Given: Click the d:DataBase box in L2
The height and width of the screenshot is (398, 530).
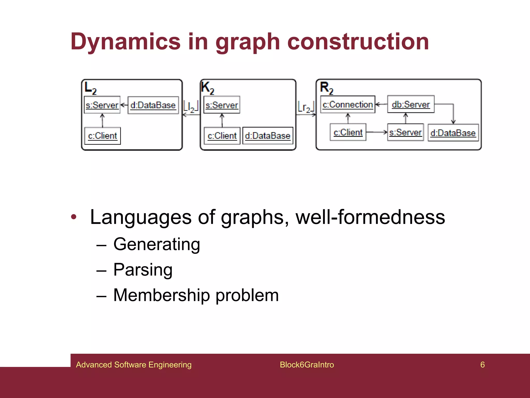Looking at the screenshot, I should click(x=153, y=105).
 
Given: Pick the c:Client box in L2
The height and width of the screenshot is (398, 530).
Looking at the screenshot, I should click(x=102, y=136).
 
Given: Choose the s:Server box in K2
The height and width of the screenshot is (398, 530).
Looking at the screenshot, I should click(x=222, y=105).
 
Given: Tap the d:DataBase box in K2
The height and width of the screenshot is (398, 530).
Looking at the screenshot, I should click(x=268, y=136).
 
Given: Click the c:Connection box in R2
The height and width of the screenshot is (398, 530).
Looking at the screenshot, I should click(x=348, y=104).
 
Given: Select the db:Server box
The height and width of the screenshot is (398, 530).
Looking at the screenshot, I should click(x=411, y=104).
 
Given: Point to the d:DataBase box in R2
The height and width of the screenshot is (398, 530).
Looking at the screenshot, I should click(x=453, y=133).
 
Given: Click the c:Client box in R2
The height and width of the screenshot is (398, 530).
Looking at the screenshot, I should click(x=348, y=132).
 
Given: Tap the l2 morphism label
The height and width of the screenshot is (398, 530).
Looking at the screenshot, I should click(x=191, y=106).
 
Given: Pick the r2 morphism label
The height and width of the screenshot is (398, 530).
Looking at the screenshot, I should click(x=306, y=107).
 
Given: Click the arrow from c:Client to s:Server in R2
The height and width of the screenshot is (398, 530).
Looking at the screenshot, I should click(x=377, y=132).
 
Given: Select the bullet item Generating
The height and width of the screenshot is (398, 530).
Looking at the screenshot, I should click(x=157, y=244).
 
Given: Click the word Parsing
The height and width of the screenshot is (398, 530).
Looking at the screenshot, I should click(x=143, y=270).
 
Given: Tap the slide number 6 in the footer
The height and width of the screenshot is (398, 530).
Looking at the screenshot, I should click(x=482, y=365).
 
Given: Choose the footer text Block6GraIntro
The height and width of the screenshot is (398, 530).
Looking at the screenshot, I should click(x=307, y=365).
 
